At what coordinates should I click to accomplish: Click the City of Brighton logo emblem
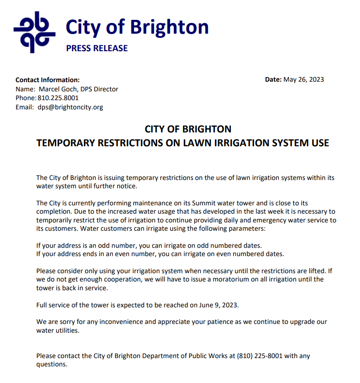pyautogui.click(x=35, y=32)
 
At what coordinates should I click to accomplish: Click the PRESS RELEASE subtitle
pyautogui.click(x=97, y=48)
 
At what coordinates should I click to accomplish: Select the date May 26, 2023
pyautogui.click(x=303, y=79)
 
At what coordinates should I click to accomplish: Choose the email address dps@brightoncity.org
pyautogui.click(x=71, y=107)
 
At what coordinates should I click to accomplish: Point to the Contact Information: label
pyautogui.click(x=47, y=80)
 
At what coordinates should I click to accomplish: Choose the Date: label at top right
pyautogui.click(x=273, y=79)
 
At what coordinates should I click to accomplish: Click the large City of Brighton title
pyautogui.click(x=137, y=27)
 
